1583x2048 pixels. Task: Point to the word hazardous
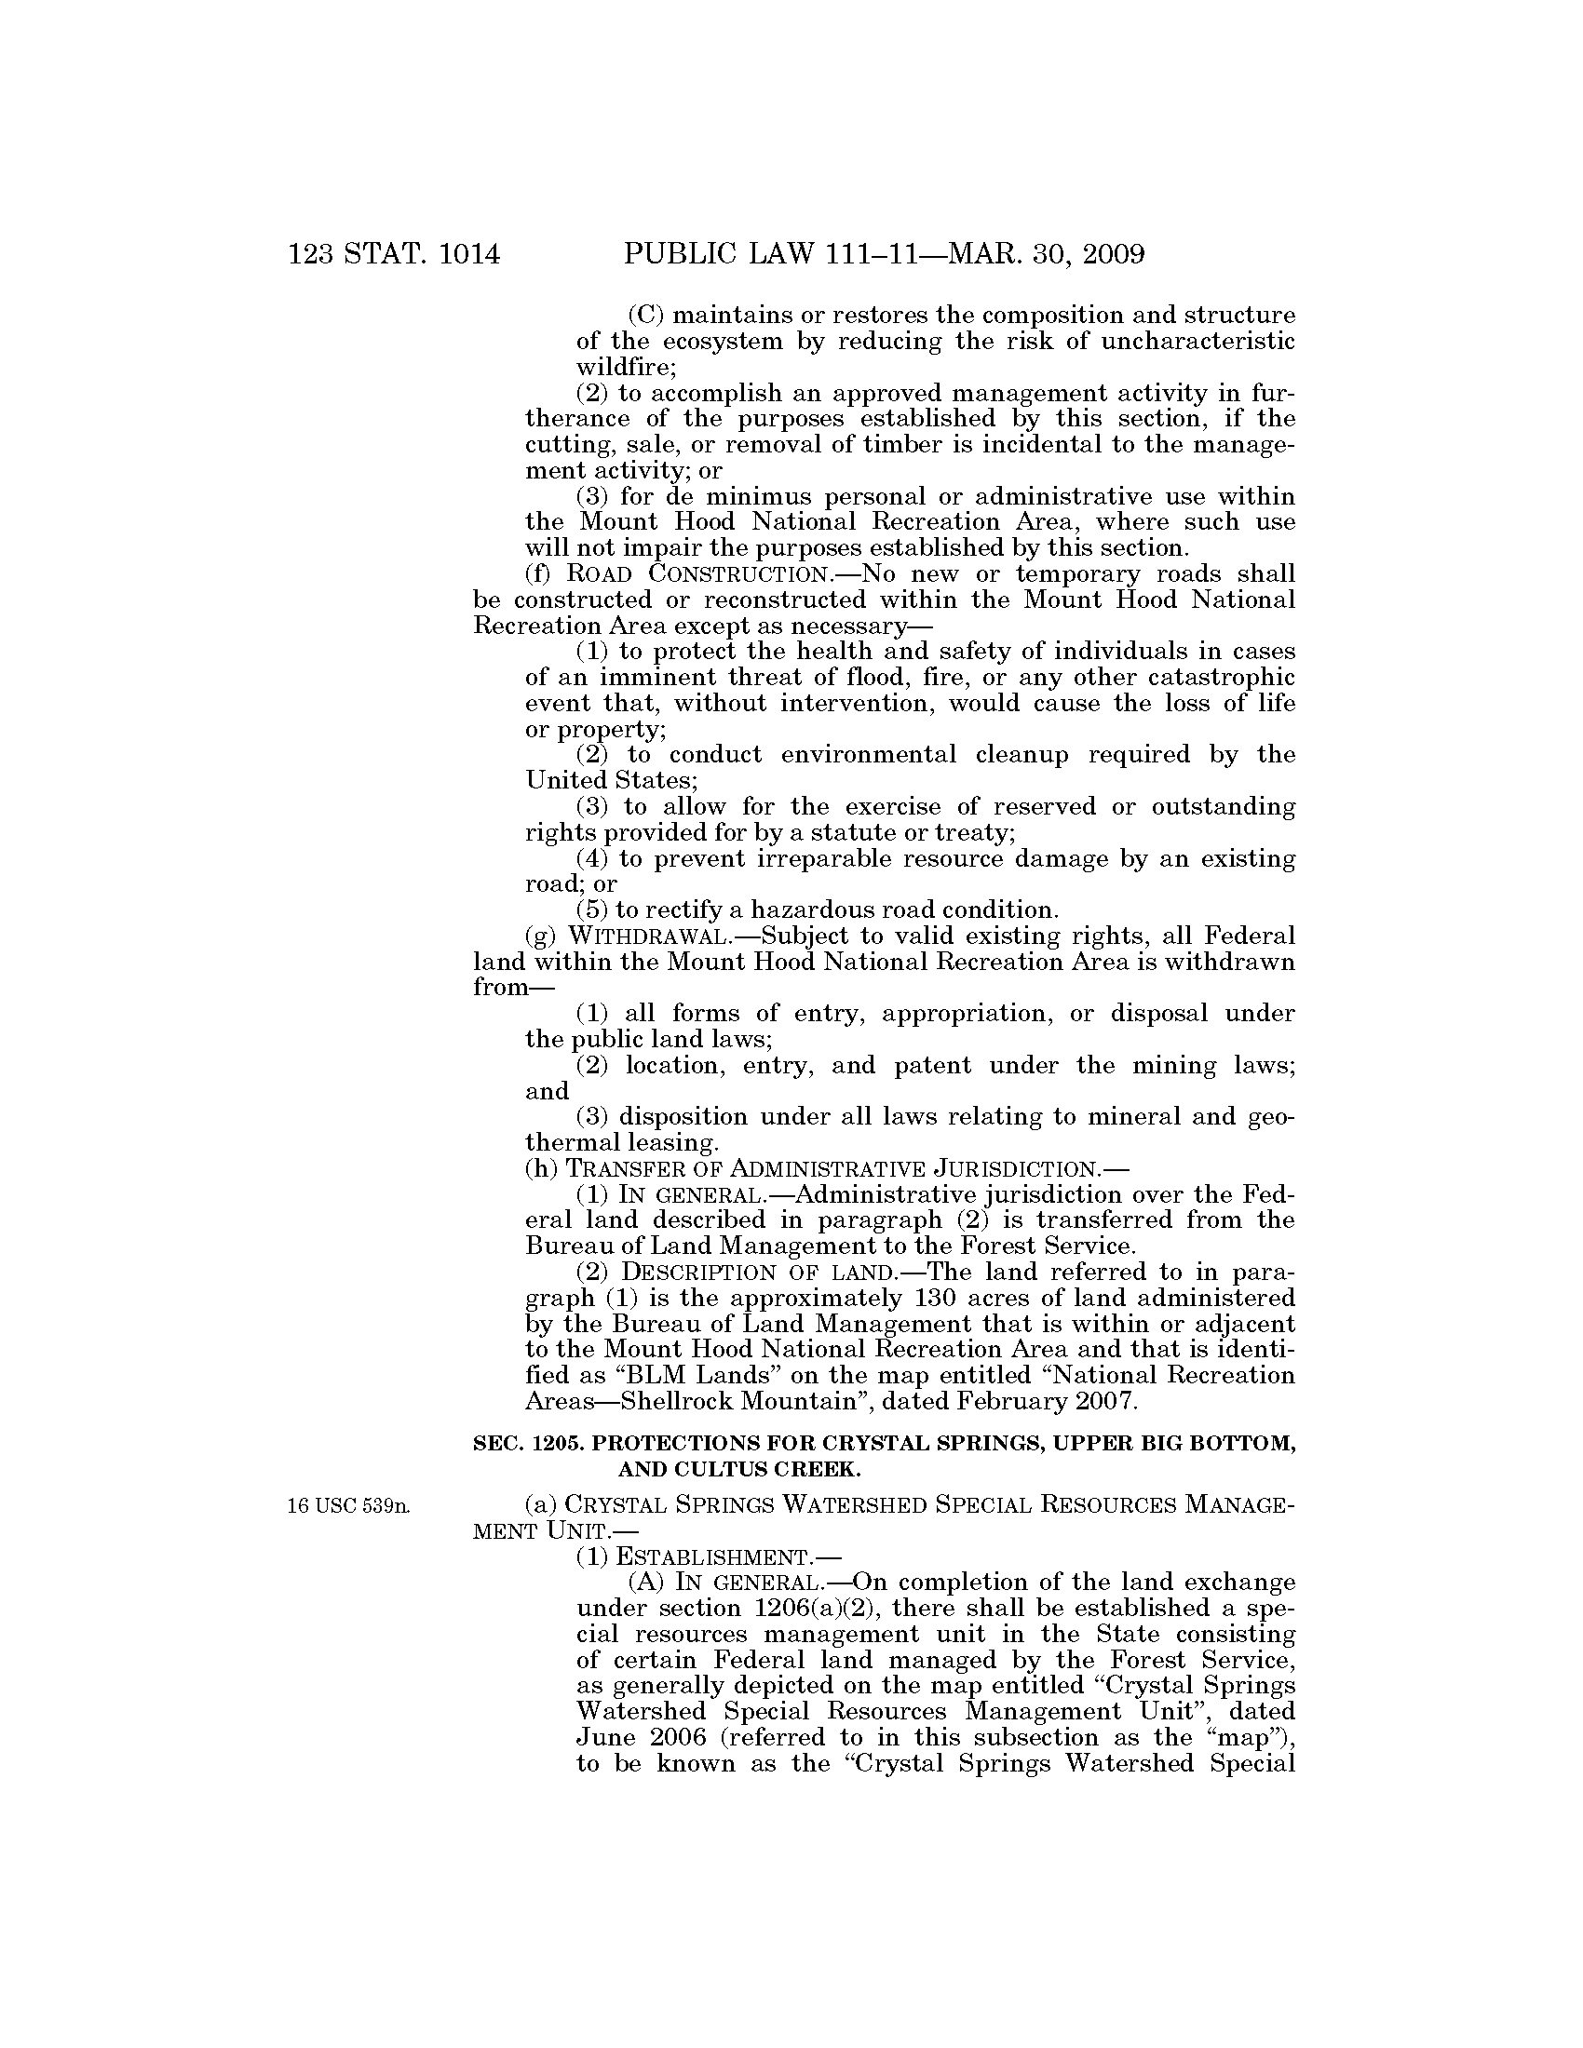click(x=819, y=910)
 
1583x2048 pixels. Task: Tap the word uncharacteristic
click(x=1197, y=342)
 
